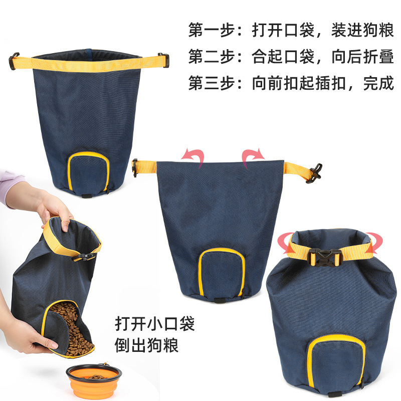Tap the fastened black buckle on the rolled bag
[x=325, y=257]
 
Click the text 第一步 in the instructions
[x=212, y=30]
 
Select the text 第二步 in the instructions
[x=212, y=57]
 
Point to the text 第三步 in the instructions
[x=212, y=83]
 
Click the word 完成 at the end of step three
[x=378, y=83]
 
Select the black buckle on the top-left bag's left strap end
[x=14, y=61]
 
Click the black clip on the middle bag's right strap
[x=314, y=173]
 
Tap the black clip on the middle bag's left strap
[x=135, y=167]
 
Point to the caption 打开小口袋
[x=155, y=324]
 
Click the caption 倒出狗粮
[x=147, y=345]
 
